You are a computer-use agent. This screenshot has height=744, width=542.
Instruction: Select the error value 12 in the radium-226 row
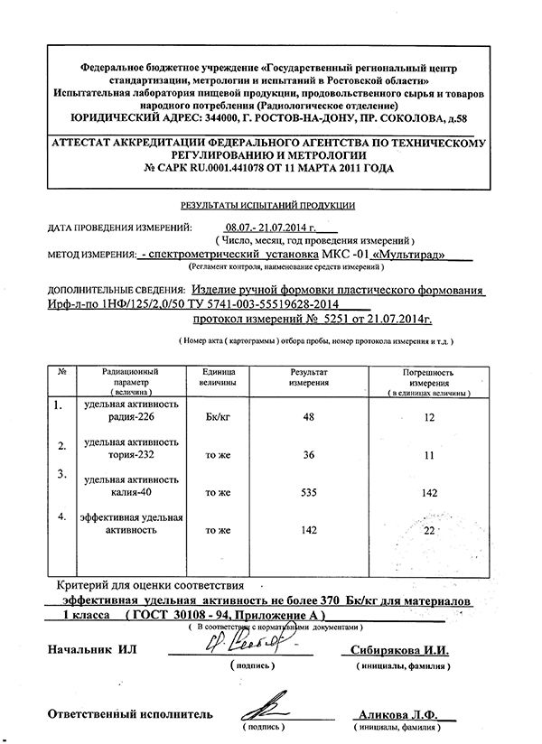[429, 418]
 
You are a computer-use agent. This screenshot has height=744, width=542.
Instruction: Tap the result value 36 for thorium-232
[309, 456]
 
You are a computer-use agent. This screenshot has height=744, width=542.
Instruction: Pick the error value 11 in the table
[429, 457]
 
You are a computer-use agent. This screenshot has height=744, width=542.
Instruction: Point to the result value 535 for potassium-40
[309, 492]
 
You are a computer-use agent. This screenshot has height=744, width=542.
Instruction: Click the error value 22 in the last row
[429, 530]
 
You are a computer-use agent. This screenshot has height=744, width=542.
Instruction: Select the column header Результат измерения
[309, 377]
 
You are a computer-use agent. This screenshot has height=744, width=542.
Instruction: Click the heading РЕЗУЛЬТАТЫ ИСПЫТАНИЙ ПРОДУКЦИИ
[268, 207]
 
